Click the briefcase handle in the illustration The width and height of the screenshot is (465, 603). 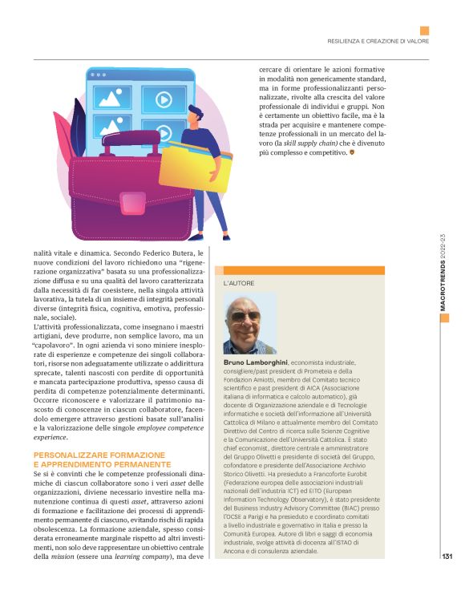tap(119, 148)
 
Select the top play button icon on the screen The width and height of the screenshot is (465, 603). tap(162, 100)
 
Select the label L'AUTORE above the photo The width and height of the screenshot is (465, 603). tap(238, 284)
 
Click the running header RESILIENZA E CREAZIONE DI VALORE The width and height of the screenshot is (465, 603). tap(377, 41)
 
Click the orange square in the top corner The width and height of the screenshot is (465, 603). tap(424, 30)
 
